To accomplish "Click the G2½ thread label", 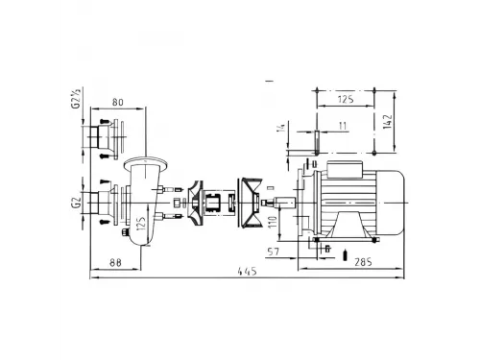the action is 76,100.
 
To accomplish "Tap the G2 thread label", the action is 76,203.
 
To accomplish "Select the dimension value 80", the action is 118,103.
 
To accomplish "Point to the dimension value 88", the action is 115,263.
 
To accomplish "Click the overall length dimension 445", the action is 247,272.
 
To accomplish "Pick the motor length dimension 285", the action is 363,262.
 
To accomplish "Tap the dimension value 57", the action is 273,252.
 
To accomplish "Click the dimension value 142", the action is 387,121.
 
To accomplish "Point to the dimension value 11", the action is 343,126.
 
